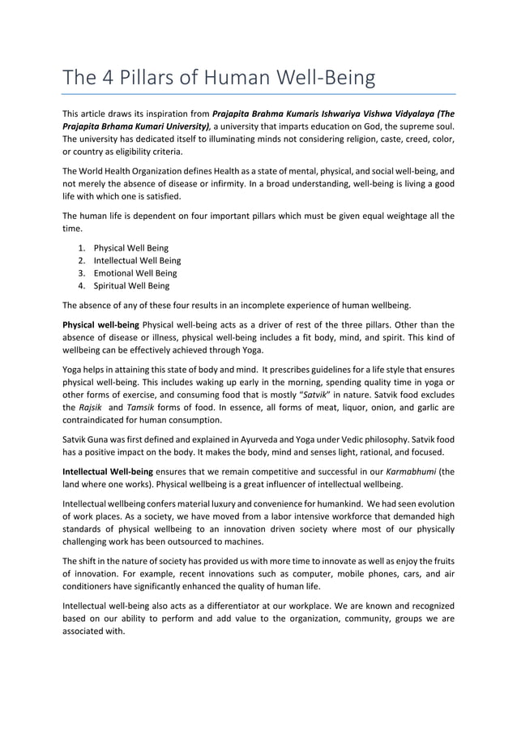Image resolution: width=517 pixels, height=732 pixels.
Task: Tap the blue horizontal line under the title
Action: [258, 95]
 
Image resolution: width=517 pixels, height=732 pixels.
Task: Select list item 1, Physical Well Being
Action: [131, 247]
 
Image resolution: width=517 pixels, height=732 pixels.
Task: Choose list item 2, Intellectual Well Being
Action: [137, 260]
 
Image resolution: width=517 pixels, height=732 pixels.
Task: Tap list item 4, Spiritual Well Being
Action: [131, 286]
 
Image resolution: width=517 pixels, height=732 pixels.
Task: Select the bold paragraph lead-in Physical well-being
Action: [100, 326]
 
